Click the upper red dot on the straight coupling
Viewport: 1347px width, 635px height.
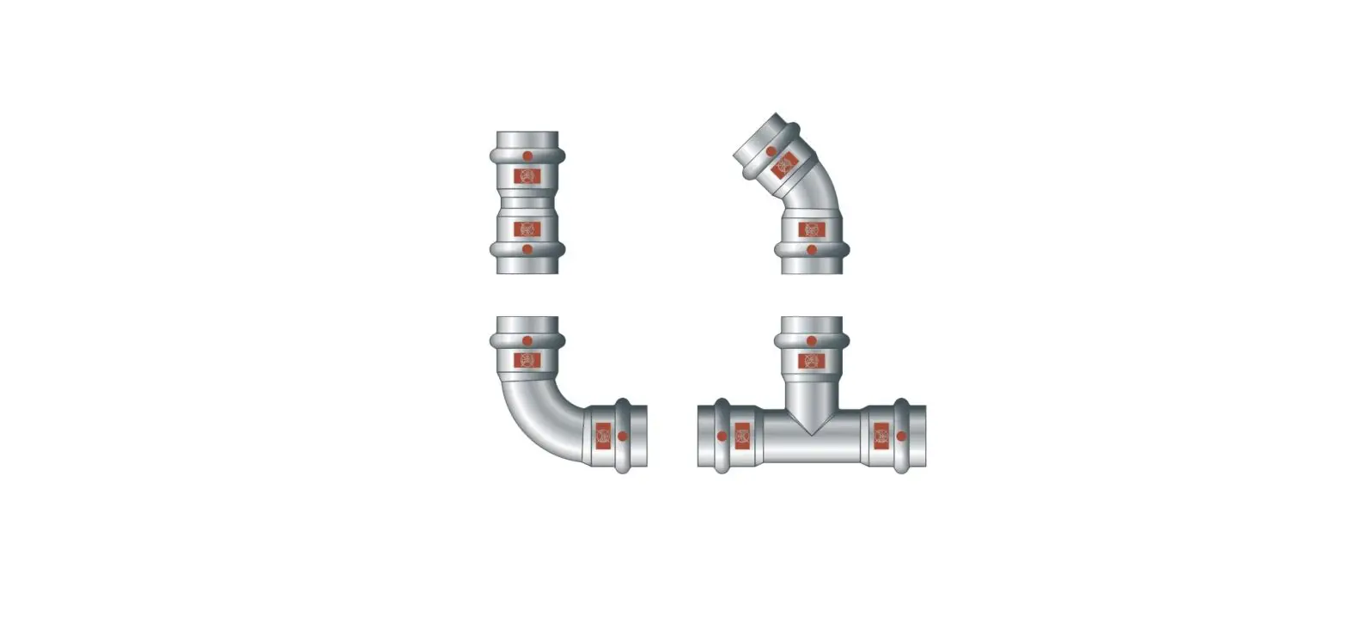pos(527,156)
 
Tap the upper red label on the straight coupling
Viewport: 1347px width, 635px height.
pos(527,176)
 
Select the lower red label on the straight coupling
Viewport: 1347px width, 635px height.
pos(527,229)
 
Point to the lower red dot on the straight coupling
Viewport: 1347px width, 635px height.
pos(527,249)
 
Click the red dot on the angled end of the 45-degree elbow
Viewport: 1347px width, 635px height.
pos(771,151)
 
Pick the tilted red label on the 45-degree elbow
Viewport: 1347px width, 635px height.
pos(783,166)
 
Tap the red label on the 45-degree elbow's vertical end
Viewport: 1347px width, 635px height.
pos(812,229)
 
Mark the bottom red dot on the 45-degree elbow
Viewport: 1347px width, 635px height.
pos(812,249)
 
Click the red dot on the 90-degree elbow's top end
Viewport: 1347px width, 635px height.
pos(527,341)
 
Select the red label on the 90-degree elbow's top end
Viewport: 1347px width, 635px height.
pos(527,359)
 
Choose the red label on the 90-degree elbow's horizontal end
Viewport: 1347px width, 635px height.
pos(603,436)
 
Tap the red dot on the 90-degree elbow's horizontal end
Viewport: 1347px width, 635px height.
pos(622,436)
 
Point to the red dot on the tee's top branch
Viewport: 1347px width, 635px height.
pos(812,341)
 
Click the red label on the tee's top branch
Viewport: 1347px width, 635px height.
pos(812,359)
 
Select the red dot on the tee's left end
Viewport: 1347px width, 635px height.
pos(722,436)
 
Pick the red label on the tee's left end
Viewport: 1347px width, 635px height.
pos(741,436)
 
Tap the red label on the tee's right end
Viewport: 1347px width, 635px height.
pos(881,436)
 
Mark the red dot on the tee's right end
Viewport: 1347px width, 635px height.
pos(900,436)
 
